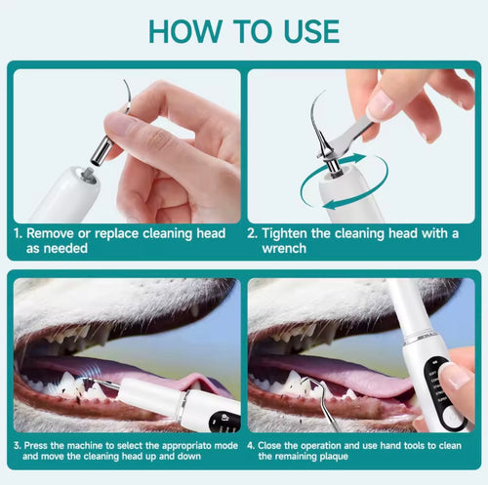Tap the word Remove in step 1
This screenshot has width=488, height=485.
[x=52, y=234]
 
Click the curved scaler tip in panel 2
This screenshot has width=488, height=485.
[x=318, y=122]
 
